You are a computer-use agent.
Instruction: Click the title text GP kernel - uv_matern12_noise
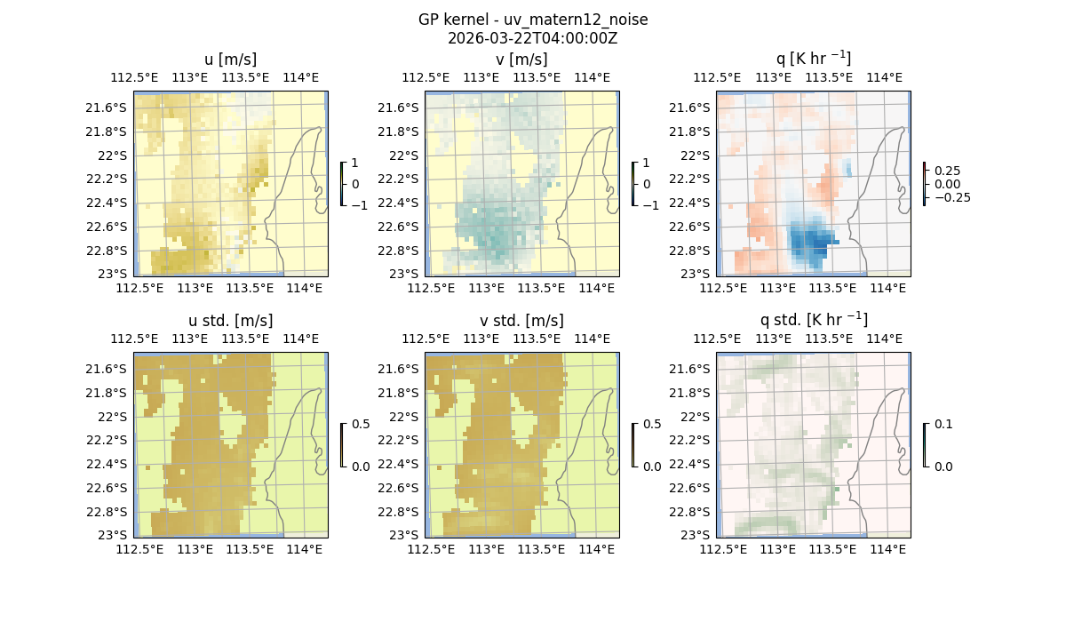click(533, 20)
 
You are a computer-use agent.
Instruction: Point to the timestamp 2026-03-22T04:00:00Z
click(533, 38)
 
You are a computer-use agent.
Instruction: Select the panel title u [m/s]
click(231, 60)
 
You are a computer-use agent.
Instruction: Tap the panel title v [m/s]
click(522, 60)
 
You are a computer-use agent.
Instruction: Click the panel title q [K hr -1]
click(813, 60)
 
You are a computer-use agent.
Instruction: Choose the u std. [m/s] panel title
click(231, 321)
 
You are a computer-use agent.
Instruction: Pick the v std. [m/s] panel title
click(522, 321)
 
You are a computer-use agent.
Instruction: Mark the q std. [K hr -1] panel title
click(813, 320)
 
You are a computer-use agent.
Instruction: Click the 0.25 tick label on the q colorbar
click(947, 171)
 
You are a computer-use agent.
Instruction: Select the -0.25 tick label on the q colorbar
click(951, 197)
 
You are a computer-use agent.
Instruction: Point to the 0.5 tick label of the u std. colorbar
click(361, 425)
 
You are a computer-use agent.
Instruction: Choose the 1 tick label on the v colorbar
click(647, 163)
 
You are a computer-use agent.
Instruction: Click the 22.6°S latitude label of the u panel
click(109, 227)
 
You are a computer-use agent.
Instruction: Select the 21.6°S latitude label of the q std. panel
click(692, 369)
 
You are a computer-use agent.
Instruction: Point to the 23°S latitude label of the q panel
click(697, 274)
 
